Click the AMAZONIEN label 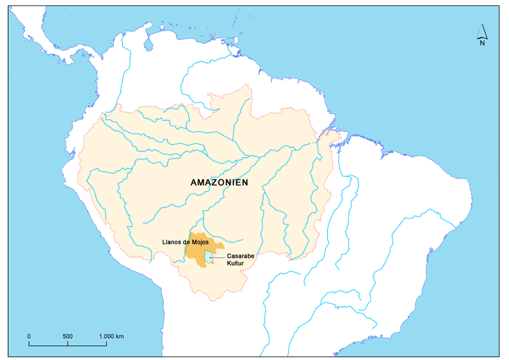(x=219, y=183)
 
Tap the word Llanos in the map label (x=173, y=241)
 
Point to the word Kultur (x=237, y=265)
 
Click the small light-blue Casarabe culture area (x=209, y=257)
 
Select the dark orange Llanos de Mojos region (x=194, y=251)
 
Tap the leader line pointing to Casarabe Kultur (x=219, y=257)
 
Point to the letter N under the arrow (x=482, y=43)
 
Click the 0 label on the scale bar (x=29, y=336)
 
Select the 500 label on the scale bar (x=67, y=336)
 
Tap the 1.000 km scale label (x=111, y=336)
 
